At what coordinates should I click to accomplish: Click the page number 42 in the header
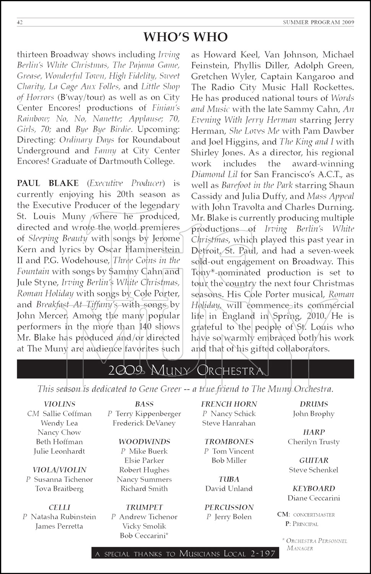[20, 22]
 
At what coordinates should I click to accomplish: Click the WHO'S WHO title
[185, 37]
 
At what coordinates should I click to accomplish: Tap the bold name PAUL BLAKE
[48, 183]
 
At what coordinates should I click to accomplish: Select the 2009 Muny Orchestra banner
[185, 370]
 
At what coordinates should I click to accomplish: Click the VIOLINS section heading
[59, 404]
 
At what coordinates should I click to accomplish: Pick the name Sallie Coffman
[67, 414]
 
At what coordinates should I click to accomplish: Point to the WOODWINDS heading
[144, 442]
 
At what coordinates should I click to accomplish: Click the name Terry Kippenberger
[148, 414]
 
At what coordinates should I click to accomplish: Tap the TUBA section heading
[229, 479]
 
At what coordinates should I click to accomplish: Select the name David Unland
[229, 489]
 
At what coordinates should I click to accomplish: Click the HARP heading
[314, 432]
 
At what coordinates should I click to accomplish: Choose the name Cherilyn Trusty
[314, 442]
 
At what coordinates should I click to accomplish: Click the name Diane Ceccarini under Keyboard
[314, 498]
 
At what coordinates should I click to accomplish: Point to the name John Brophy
[314, 414]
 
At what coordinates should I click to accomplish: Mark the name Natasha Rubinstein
[63, 517]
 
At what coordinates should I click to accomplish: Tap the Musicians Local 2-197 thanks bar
[185, 554]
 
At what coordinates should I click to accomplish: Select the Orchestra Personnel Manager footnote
[315, 545]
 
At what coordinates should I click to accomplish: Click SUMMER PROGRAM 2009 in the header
[318, 22]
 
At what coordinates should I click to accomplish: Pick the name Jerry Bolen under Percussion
[233, 517]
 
